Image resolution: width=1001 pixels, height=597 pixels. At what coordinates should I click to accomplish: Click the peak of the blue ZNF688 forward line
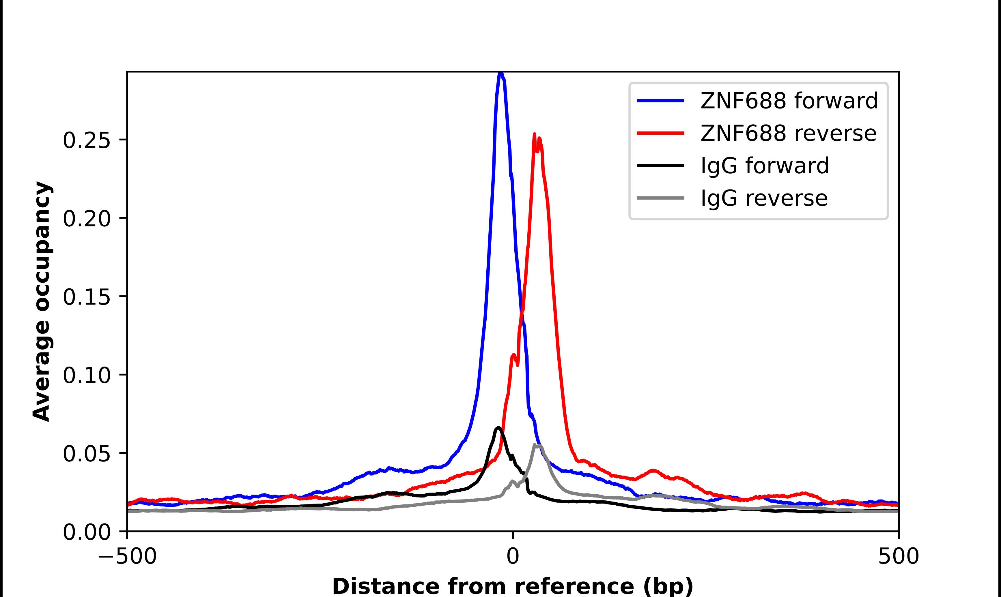[x=500, y=74]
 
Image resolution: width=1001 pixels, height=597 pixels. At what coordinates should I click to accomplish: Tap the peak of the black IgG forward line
[x=498, y=428]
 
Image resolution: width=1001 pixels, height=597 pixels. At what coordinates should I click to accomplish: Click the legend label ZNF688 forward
[x=789, y=101]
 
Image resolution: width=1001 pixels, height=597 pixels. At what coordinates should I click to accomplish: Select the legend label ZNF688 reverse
[x=788, y=133]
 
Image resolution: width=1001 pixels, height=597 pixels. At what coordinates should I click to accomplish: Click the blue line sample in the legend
[x=660, y=101]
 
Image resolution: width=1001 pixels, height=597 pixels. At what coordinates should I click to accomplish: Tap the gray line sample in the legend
[x=660, y=198]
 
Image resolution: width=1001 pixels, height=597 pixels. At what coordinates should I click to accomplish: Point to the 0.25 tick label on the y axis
[x=87, y=141]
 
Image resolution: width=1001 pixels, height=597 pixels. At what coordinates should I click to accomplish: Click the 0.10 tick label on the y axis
[x=87, y=375]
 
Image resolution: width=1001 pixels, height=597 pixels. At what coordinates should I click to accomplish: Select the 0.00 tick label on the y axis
[x=87, y=532]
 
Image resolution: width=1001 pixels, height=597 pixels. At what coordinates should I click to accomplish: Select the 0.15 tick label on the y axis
[x=87, y=297]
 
